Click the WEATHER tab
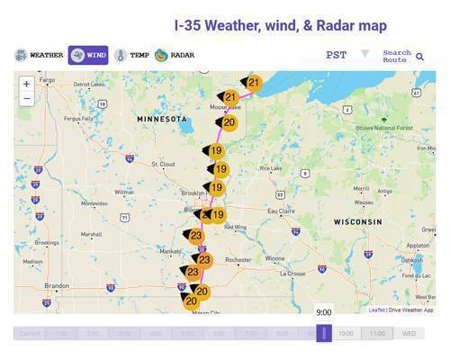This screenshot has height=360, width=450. coord(39,56)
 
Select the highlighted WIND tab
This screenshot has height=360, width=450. coord(88,56)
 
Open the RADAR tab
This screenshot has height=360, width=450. coord(175,56)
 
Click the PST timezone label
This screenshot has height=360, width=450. coord(336,56)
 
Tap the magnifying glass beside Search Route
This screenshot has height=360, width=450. coord(419,57)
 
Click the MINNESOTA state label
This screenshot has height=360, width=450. coord(162,119)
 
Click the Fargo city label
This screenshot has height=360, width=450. coord(47,80)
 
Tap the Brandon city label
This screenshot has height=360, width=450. coord(58,285)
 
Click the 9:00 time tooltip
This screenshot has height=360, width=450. coord(323,312)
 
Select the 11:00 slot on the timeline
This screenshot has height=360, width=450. coord(377,333)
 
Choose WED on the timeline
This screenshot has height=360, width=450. coord(409,333)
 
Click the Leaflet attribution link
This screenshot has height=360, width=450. coord(377,310)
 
